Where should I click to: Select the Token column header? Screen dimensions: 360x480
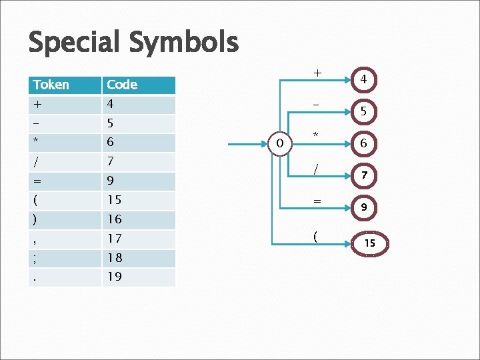[x=51, y=85]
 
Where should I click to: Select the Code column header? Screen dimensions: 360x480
[x=122, y=85]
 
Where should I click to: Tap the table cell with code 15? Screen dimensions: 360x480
[x=115, y=200]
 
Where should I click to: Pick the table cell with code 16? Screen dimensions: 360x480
[x=115, y=219]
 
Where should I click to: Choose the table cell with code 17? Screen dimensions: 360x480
[x=115, y=239]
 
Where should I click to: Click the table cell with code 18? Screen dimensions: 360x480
[x=115, y=258]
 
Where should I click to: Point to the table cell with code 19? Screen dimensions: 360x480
[x=115, y=277]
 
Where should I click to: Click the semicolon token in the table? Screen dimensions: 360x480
[x=35, y=258]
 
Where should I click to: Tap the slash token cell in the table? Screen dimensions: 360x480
[x=35, y=161]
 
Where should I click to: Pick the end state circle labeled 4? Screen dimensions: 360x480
[x=363, y=79]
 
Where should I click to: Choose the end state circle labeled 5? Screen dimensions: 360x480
[x=363, y=111]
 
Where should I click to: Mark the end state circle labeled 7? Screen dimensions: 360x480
[x=363, y=175]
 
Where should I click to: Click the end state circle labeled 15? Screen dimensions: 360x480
[x=369, y=244]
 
